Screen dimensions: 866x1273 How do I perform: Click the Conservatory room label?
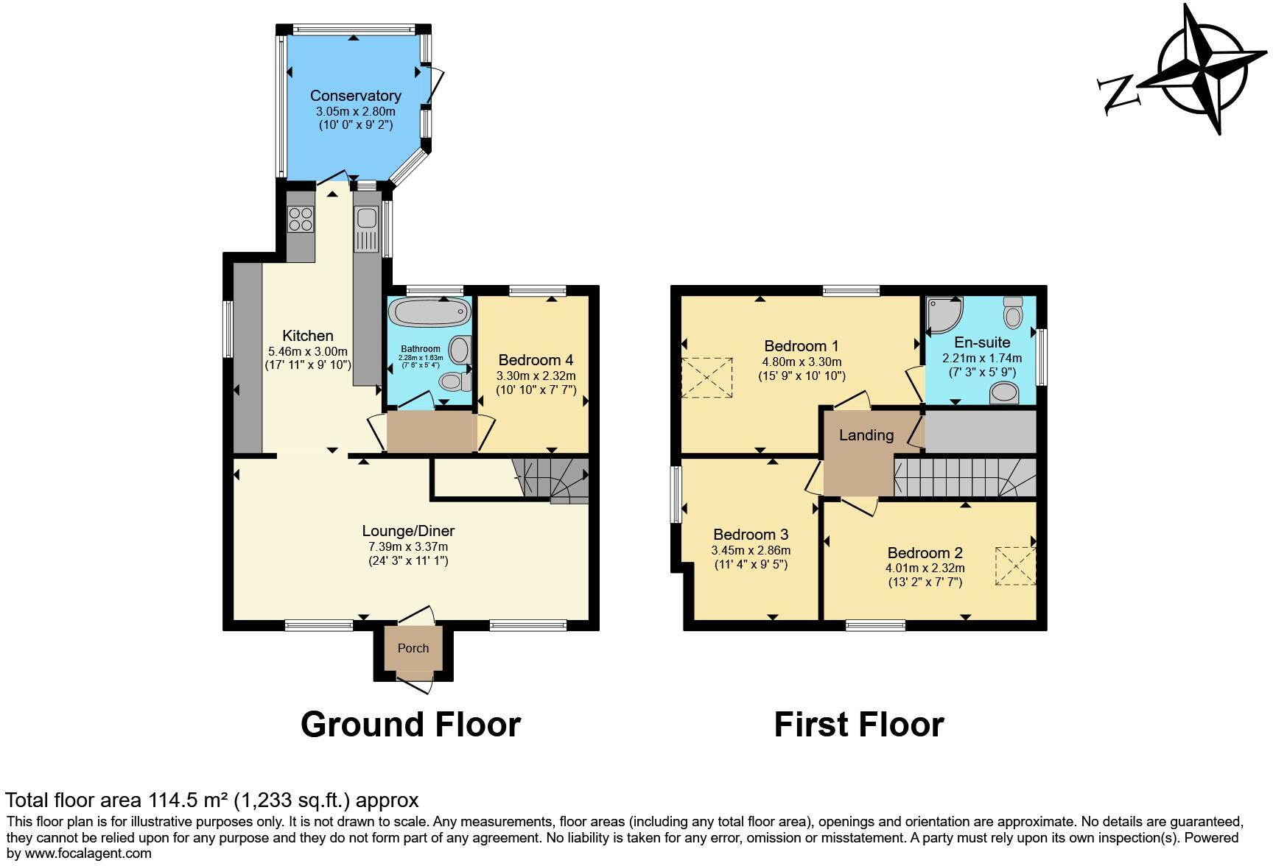pos(355,96)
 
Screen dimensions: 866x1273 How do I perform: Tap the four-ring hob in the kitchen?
pos(301,219)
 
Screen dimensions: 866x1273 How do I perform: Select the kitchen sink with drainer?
pos(366,228)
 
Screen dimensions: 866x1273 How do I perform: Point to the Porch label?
pos(413,648)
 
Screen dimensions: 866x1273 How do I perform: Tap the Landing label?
pos(866,435)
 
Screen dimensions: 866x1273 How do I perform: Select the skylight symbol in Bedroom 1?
pos(707,379)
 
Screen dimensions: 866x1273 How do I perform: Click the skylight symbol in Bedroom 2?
pos(1016,566)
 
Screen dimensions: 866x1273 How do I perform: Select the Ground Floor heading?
pos(410,725)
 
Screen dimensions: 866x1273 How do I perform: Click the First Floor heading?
pos(858,725)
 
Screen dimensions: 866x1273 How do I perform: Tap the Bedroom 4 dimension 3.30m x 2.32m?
pos(536,376)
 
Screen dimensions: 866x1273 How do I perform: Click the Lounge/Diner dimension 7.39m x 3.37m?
pos(408,546)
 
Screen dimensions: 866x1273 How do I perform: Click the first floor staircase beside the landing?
pos(958,476)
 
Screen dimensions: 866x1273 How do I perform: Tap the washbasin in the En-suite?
pos(1003,392)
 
